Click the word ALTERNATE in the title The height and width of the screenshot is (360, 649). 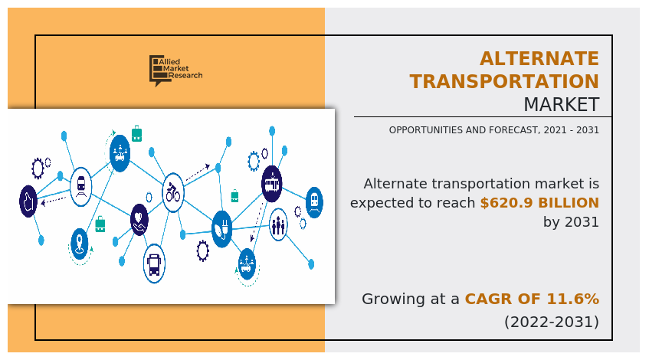pos(539,59)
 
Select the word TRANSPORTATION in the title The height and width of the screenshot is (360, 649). pos(504,81)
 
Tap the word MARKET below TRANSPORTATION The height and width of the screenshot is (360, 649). pos(561,104)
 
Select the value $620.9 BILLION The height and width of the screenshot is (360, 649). pos(539,203)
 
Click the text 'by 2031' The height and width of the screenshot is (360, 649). pos(571,222)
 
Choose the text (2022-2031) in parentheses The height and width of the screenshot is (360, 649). pos(551,322)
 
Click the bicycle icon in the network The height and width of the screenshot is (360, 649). pos(173,191)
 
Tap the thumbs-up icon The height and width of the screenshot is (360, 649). pos(28,201)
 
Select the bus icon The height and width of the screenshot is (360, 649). pos(154,264)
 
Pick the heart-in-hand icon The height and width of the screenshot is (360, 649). pos(139,218)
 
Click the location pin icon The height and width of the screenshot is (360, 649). pos(80,244)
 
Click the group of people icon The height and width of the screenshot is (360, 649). pos(277,224)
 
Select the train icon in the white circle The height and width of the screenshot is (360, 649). pos(80,184)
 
